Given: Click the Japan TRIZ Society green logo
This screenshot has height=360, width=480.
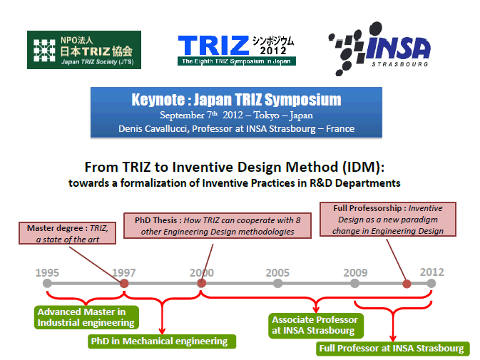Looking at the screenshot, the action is click(84, 50).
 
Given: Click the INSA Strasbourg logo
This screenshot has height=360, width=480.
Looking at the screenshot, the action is click(379, 48).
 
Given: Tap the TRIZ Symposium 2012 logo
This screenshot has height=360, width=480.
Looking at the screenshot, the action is click(237, 50).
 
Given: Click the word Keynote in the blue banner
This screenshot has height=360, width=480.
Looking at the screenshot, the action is click(158, 100).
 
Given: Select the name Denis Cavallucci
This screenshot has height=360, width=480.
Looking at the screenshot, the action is click(153, 129).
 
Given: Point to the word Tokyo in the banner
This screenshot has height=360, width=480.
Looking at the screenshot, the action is click(266, 115).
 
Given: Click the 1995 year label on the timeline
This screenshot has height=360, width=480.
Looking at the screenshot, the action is click(47, 272).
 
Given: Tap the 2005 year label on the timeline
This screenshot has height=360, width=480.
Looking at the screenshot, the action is click(277, 272).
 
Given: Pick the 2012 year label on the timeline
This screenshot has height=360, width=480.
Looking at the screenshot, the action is click(432, 272).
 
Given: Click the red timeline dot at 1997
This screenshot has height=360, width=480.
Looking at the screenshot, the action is click(124, 284).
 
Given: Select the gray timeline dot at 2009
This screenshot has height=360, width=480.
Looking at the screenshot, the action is click(354, 284).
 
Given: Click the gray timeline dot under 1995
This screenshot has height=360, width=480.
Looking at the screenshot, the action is click(47, 284).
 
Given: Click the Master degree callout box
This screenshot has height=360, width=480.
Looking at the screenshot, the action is click(67, 233).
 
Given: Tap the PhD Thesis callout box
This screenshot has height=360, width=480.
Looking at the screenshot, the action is click(218, 226).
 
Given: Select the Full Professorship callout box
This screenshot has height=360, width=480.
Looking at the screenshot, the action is click(388, 220).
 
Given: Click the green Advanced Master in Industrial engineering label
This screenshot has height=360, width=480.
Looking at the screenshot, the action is click(86, 317).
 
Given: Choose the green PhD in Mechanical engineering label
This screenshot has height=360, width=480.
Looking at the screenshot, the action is click(162, 341).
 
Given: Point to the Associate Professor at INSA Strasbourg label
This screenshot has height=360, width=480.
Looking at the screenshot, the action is click(316, 326).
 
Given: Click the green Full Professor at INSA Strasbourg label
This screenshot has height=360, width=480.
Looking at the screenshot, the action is click(393, 349).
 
